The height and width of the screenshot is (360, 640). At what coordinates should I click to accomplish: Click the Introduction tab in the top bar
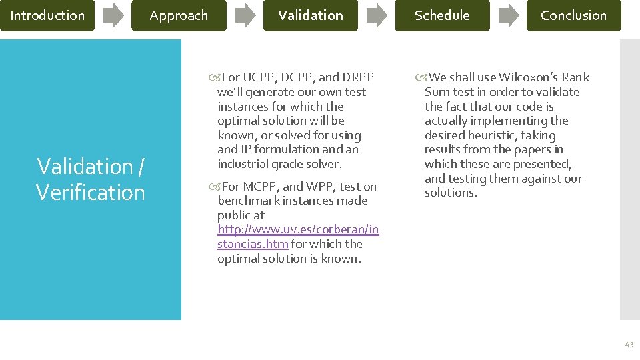pyautogui.click(x=47, y=15)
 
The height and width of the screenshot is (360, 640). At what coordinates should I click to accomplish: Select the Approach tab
pyautogui.click(x=179, y=15)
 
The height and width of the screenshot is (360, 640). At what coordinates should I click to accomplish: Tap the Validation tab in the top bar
pyautogui.click(x=311, y=15)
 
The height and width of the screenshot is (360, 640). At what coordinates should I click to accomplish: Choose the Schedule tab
pyautogui.click(x=442, y=15)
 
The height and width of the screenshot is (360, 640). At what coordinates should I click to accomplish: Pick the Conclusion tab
pyautogui.click(x=573, y=15)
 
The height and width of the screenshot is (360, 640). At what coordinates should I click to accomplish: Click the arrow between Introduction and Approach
pyautogui.click(x=113, y=15)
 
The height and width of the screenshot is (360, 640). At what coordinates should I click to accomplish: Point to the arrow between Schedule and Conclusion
pyautogui.click(x=509, y=15)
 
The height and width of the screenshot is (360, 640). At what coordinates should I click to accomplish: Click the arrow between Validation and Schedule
pyautogui.click(x=377, y=15)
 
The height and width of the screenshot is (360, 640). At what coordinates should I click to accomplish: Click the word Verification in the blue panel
pyautogui.click(x=91, y=193)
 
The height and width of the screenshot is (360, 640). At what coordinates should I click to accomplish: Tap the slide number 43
pyautogui.click(x=629, y=344)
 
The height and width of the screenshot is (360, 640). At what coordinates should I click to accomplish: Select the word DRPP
pyautogui.click(x=358, y=77)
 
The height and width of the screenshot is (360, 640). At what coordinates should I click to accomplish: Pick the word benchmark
pyautogui.click(x=246, y=201)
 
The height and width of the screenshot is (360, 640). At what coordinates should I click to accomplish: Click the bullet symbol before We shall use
pyautogui.click(x=419, y=77)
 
